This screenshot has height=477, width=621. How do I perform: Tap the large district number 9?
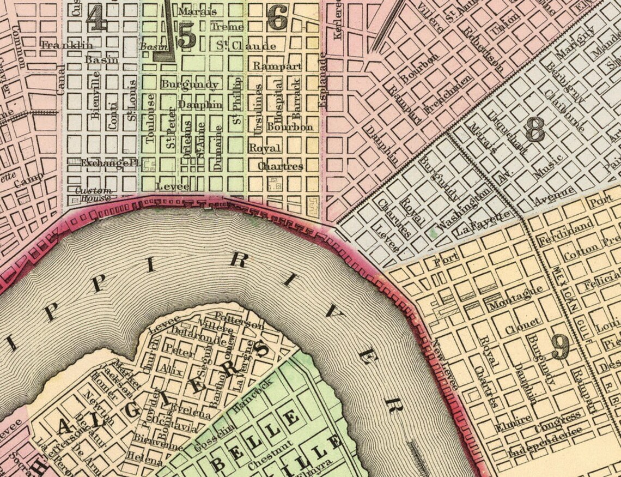coord(560,347)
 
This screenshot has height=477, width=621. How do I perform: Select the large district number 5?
coord(186,37)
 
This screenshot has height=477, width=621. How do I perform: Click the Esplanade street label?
coord(323,79)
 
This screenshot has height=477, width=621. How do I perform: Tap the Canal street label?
coord(60,80)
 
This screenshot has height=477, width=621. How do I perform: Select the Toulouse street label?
coord(151,118)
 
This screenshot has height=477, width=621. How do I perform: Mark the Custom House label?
coord(93,195)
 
